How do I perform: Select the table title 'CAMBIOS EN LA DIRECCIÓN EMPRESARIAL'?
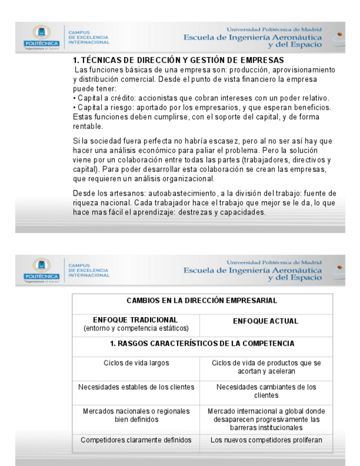point(202,301)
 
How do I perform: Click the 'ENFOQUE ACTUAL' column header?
point(266,321)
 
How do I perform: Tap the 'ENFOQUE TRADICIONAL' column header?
point(136,319)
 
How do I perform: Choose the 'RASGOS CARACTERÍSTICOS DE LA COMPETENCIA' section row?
point(202,343)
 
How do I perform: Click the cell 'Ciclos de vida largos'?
point(136,363)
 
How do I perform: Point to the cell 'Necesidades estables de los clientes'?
point(136,387)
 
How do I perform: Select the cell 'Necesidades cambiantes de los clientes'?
point(266,391)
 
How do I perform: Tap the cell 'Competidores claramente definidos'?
point(136,440)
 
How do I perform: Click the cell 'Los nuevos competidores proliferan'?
point(266,440)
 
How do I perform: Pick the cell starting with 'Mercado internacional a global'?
point(266,419)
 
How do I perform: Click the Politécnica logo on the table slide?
point(41,269)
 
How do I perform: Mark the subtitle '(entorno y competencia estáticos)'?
point(136,328)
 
